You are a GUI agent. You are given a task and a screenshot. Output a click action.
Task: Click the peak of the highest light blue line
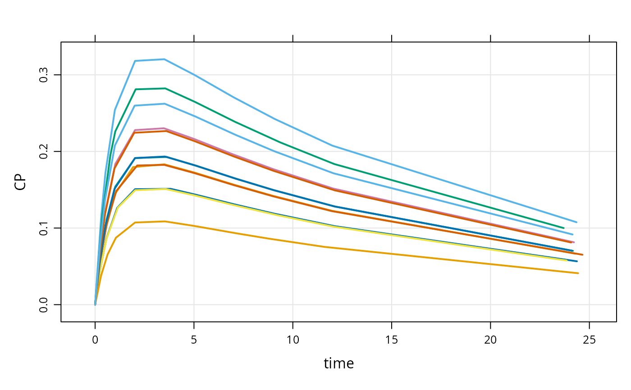(164, 59)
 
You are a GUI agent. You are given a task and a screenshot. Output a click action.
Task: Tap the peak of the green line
(165, 88)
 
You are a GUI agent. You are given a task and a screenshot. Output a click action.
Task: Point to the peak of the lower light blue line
(165, 104)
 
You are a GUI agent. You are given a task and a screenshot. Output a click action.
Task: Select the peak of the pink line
(165, 128)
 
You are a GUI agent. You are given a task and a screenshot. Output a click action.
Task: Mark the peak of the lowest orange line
(165, 221)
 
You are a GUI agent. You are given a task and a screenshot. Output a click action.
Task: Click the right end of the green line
(563, 228)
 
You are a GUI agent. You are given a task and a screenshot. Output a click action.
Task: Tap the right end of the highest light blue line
(576, 222)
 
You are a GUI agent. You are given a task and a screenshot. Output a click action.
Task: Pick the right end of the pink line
(574, 242)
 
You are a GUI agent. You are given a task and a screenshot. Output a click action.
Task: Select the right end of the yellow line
(567, 260)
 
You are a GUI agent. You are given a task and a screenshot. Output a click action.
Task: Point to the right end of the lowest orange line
(578, 273)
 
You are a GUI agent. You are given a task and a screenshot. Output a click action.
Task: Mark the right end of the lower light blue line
(573, 235)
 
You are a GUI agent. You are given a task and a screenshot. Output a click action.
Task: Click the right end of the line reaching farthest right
(583, 255)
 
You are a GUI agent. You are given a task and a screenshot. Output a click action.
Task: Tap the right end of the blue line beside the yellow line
(577, 261)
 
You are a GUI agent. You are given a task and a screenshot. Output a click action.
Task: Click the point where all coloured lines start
(96, 304)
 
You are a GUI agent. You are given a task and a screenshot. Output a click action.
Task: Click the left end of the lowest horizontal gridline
(62, 304)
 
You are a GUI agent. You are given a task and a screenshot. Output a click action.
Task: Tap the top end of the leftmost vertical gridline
(96, 43)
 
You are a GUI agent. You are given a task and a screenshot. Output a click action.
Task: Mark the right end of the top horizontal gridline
(615, 75)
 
